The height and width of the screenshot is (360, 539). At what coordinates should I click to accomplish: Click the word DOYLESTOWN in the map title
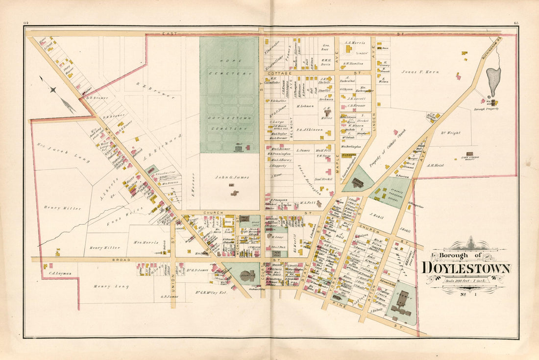coord(466,268)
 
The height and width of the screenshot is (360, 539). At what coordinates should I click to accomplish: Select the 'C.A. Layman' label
coord(60,273)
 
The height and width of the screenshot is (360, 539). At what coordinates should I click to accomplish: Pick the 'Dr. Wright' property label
coord(454,132)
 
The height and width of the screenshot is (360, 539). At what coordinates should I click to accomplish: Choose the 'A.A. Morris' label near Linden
coord(355,43)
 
